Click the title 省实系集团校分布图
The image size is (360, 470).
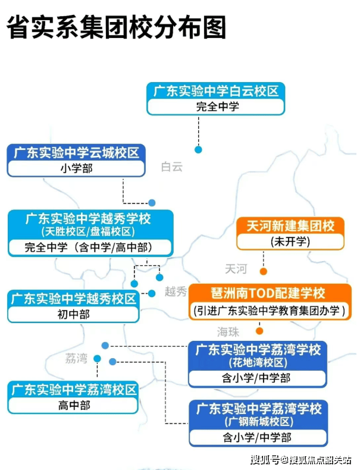coord(117,28)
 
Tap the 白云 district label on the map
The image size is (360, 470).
coord(172,167)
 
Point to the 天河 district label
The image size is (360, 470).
coord(236,269)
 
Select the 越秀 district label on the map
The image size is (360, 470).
coord(176,292)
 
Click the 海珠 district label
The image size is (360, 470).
coord(228,331)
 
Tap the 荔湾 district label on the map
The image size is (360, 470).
coord(76,358)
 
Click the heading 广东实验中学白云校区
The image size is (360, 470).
coord(216,92)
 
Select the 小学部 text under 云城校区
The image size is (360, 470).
coord(76,168)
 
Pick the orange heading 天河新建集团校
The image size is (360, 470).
coord(290,226)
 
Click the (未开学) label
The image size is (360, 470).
coord(290,242)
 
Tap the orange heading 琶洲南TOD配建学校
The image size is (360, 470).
coord(268,293)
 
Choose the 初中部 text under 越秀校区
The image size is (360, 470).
coord(73,314)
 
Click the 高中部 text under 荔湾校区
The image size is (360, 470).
coord(73,406)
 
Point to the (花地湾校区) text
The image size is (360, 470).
coord(258,363)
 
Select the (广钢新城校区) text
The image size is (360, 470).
coord(258,422)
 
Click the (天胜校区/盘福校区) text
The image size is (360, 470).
coord(88,231)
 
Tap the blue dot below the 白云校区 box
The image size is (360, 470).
coord(198,149)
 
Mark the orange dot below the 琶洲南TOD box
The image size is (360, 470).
coord(259,330)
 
